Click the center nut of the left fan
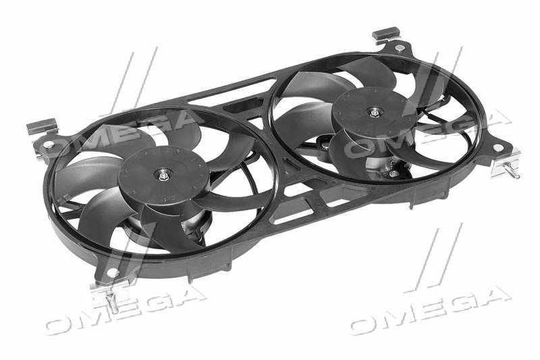(163, 176)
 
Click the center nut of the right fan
(375, 112)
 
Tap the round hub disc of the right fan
(375, 112)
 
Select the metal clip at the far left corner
(41, 126)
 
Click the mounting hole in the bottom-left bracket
(112, 272)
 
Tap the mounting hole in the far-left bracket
(48, 145)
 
